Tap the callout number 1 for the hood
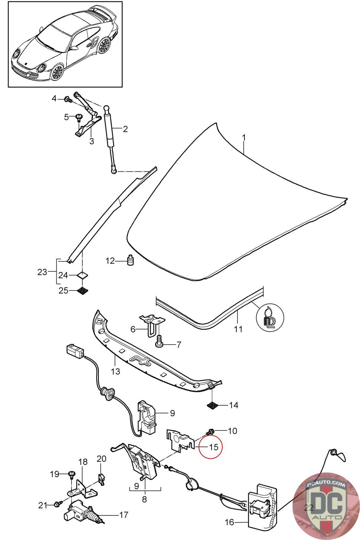pos(244,138)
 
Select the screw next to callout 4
pos(68,99)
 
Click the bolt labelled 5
pos(79,118)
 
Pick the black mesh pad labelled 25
pos(82,291)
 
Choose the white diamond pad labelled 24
pos(82,275)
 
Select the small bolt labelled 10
pos(210,431)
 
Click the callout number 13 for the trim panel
pos(115,372)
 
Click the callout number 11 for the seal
pos(238,329)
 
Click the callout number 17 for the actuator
pos(123,515)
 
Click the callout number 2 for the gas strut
pos(125,129)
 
